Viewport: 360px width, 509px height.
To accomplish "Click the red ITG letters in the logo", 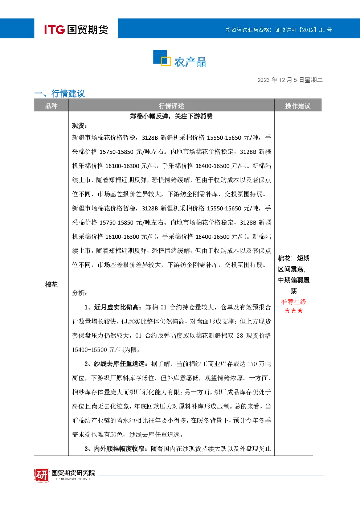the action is [54, 29].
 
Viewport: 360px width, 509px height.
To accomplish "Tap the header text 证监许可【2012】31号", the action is [303, 30].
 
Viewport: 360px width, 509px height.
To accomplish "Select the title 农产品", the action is [191, 62].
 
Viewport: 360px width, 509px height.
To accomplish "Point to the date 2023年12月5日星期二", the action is [290, 80].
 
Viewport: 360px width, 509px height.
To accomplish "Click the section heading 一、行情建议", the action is [60, 93].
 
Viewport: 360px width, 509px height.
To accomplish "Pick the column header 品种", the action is [52, 106].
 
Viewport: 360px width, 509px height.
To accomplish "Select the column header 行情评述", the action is [171, 106].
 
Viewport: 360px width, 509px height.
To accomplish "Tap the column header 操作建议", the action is [298, 106].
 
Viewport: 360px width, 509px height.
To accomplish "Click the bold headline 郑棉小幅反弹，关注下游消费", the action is [171, 116].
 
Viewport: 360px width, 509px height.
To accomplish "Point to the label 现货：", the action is [79, 126].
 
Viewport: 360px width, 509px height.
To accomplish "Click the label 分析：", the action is [79, 293].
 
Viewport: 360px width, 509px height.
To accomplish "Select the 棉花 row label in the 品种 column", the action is [52, 284].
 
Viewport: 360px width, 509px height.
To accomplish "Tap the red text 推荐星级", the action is [294, 302].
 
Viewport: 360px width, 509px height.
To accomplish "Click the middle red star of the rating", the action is [294, 311].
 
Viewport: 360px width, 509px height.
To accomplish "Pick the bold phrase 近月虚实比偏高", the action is [116, 307].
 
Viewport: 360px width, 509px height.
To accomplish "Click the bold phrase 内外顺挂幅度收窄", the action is [119, 449].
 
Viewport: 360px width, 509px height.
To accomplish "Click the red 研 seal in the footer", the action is [42, 475].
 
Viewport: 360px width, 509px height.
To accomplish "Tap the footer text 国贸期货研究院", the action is [73, 473].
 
